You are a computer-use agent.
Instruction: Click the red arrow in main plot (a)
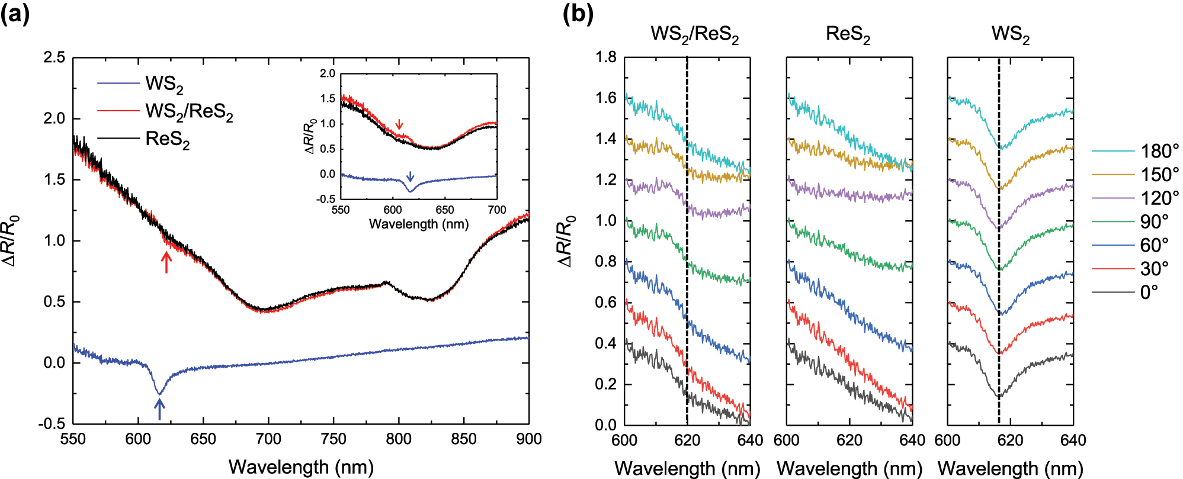point(166,262)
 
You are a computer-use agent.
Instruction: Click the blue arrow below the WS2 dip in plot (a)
point(159,409)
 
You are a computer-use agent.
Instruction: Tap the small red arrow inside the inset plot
point(399,124)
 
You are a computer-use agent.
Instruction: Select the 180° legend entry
point(1159,151)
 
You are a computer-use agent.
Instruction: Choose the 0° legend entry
point(1149,292)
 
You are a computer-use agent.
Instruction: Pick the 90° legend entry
point(1154,221)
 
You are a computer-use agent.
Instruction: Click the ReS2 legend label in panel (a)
point(168,140)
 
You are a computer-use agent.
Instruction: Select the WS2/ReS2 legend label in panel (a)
point(189,112)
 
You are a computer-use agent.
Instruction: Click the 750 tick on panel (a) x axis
point(334,439)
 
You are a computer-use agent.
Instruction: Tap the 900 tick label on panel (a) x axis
point(528,439)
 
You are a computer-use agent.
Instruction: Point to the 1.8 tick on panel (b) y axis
point(605,57)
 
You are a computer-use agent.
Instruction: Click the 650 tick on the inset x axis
point(444,210)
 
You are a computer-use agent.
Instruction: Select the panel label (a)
point(15,14)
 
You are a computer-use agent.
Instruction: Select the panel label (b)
point(578,14)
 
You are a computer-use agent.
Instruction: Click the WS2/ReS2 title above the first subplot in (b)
point(694,35)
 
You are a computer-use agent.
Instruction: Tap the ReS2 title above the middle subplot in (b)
point(848,35)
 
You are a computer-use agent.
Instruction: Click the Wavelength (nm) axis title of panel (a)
point(301,467)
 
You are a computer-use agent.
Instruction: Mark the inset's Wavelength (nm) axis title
point(418,224)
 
